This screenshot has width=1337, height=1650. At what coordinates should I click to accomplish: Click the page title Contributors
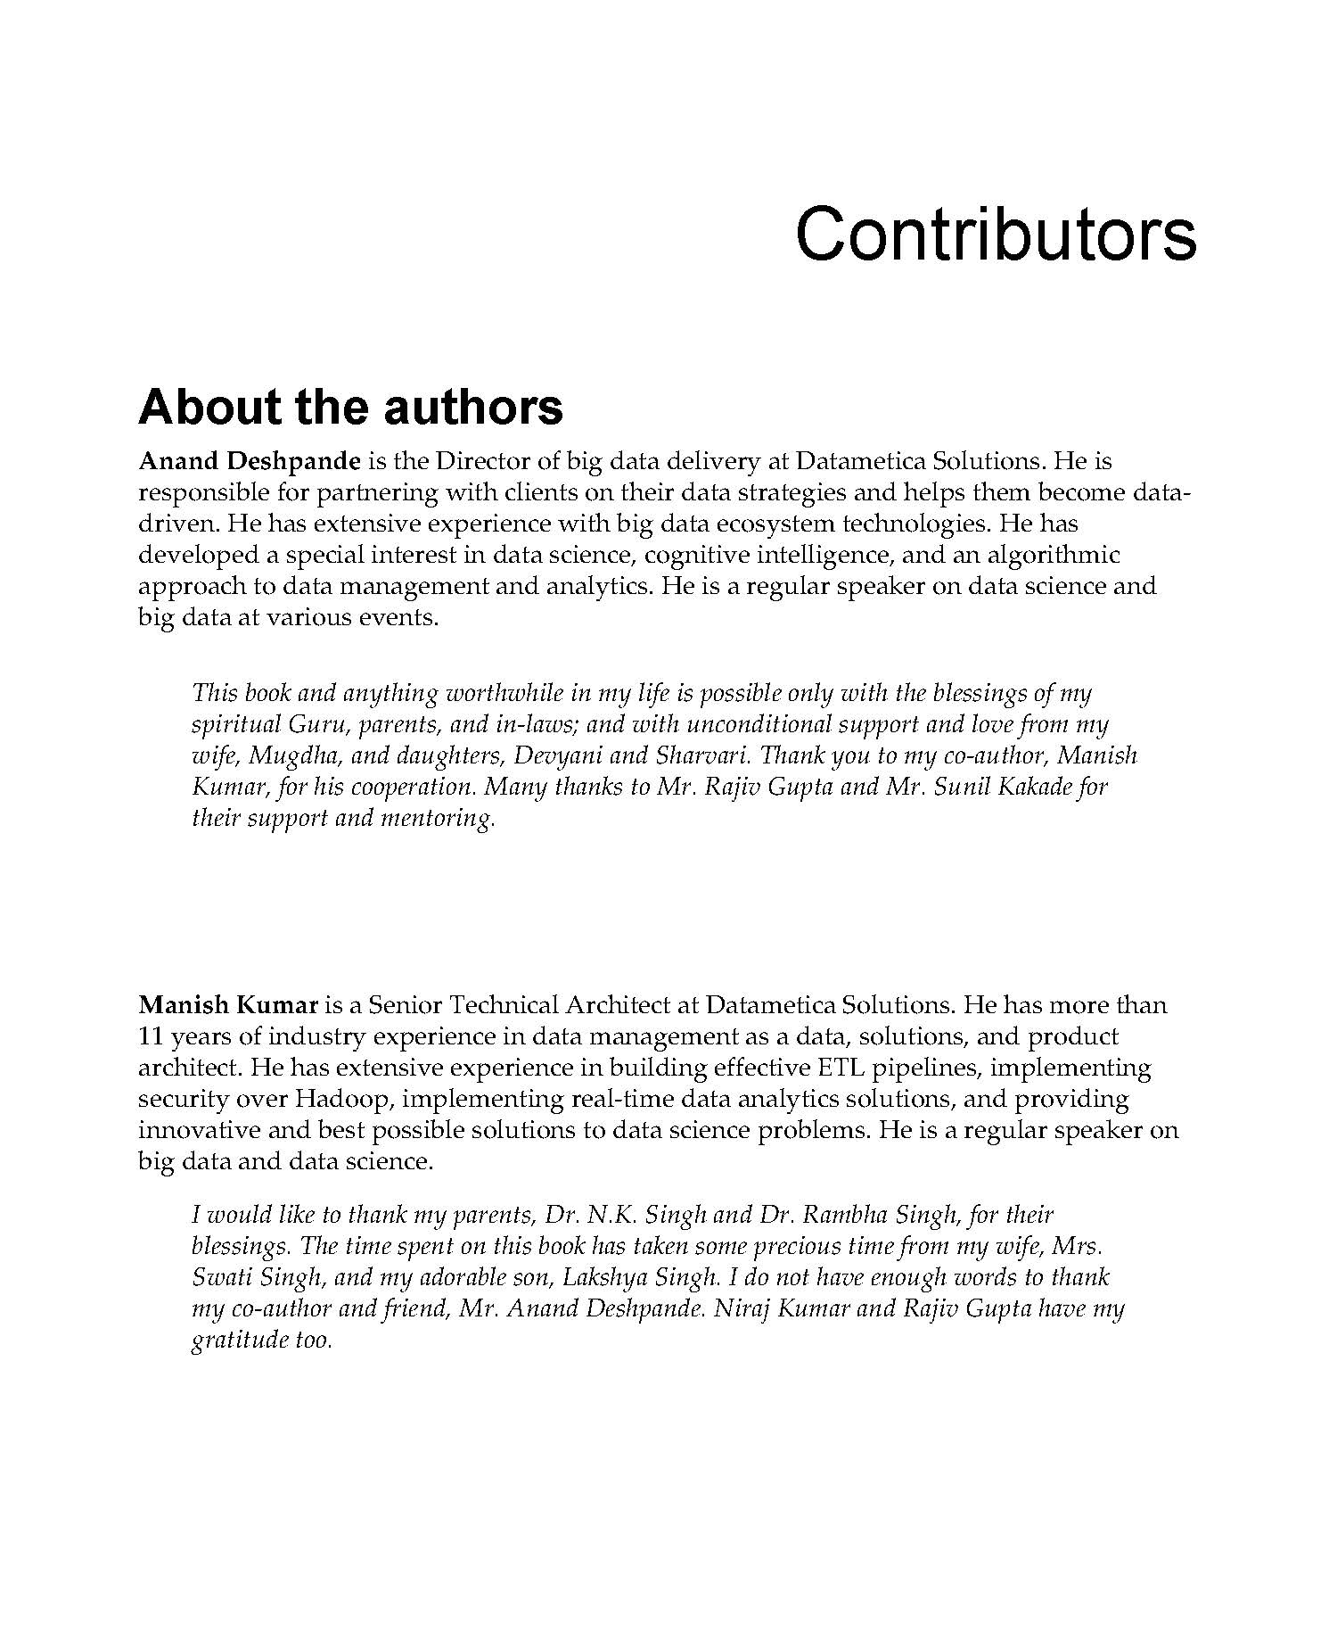[x=995, y=234]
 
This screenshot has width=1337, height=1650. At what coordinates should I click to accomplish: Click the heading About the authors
[x=350, y=407]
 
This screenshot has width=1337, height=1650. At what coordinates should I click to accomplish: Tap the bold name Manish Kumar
[x=228, y=1005]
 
